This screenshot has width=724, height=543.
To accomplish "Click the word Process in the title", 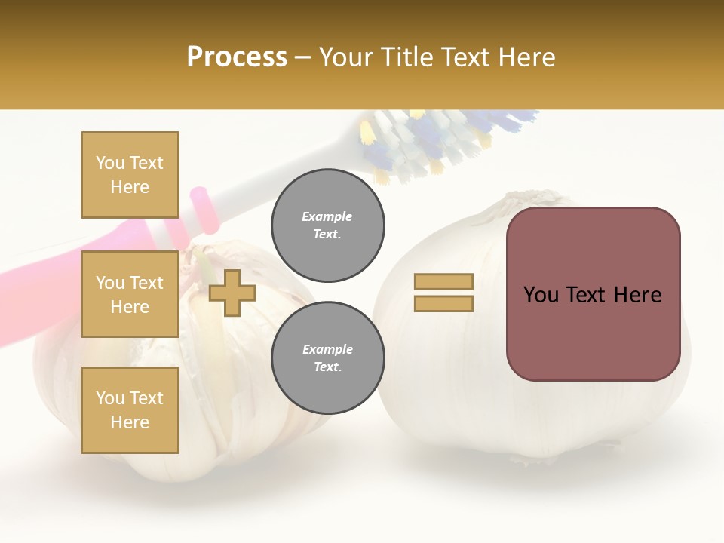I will tap(237, 57).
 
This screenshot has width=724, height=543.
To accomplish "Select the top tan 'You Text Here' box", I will tap(130, 175).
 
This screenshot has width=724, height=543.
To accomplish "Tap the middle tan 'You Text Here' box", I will tap(130, 294).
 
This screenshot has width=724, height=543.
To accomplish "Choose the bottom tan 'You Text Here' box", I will tap(130, 410).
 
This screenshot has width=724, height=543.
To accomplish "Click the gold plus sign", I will tap(232, 293).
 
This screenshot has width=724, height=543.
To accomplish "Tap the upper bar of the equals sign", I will tap(443, 281).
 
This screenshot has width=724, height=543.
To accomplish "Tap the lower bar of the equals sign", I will tap(443, 303).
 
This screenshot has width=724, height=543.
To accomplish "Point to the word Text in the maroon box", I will tap(593, 295).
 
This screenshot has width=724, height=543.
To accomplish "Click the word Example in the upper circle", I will tap(327, 216).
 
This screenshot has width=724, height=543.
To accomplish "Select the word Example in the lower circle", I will tap(327, 349).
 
